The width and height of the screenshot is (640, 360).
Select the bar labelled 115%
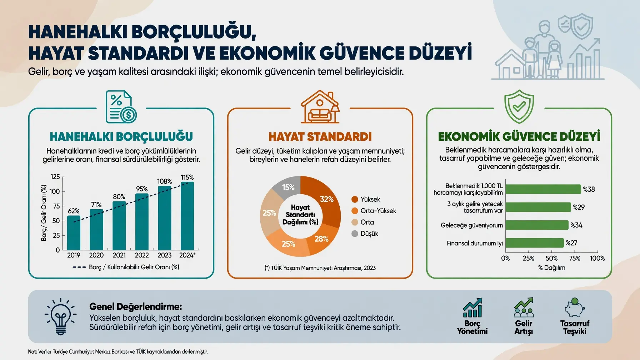tap(187, 216)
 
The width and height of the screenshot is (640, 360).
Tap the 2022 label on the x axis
tap(142, 255)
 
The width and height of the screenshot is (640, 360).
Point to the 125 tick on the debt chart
tap(55, 177)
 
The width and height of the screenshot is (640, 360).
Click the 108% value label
tap(165, 181)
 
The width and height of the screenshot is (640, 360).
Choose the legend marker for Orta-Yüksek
tap(355, 211)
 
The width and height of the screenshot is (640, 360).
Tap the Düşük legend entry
tap(365, 234)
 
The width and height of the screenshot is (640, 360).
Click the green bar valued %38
tap(543, 189)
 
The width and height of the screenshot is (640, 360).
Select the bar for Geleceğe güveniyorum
tap(537, 225)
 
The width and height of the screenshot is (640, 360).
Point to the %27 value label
tap(571, 243)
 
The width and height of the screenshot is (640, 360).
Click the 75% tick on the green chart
tap(574, 258)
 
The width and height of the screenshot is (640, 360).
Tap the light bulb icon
tap(60, 316)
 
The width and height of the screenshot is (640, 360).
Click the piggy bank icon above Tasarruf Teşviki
tap(575, 307)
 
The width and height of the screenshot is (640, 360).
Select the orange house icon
tap(320, 107)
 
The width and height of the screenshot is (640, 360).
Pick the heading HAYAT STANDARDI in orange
tap(320, 136)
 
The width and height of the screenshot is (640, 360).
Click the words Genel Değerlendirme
tap(136, 306)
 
